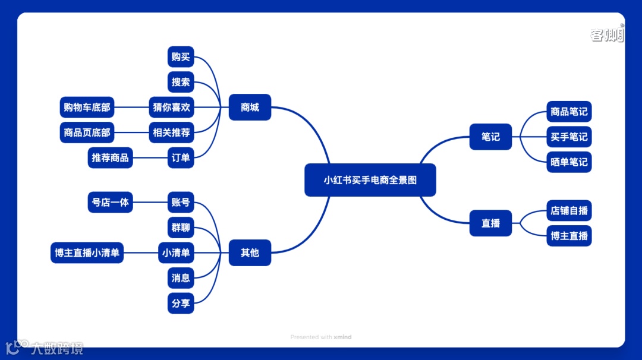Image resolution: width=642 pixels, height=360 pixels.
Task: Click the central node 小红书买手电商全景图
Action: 370,180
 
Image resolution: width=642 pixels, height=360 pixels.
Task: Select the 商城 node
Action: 250,108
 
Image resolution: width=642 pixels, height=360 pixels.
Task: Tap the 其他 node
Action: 250,252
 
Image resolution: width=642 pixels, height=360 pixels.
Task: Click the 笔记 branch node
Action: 490,137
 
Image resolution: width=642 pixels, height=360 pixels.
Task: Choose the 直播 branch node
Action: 490,223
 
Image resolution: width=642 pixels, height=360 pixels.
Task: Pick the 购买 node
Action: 181,57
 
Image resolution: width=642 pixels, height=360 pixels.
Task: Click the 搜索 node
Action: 181,82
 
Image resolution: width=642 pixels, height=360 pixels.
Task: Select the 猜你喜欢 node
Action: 171,108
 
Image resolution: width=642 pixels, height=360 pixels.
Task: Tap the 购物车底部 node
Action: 87,108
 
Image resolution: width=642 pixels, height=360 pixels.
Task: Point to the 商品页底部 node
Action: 87,132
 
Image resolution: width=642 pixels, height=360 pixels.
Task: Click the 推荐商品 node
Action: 110,158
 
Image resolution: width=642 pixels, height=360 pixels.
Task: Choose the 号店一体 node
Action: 110,202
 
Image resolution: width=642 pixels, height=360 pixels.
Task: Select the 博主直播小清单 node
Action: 87,252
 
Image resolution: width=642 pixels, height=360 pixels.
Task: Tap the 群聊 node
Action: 181,228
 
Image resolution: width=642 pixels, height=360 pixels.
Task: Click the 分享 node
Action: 181,303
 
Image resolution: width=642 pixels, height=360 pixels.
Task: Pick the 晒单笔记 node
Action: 569,162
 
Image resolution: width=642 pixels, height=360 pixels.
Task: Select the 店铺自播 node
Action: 569,210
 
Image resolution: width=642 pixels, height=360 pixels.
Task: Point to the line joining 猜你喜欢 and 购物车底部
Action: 131,108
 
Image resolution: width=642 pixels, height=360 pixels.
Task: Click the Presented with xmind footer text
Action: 321,337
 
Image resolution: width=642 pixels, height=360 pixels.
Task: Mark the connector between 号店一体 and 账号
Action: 150,202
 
